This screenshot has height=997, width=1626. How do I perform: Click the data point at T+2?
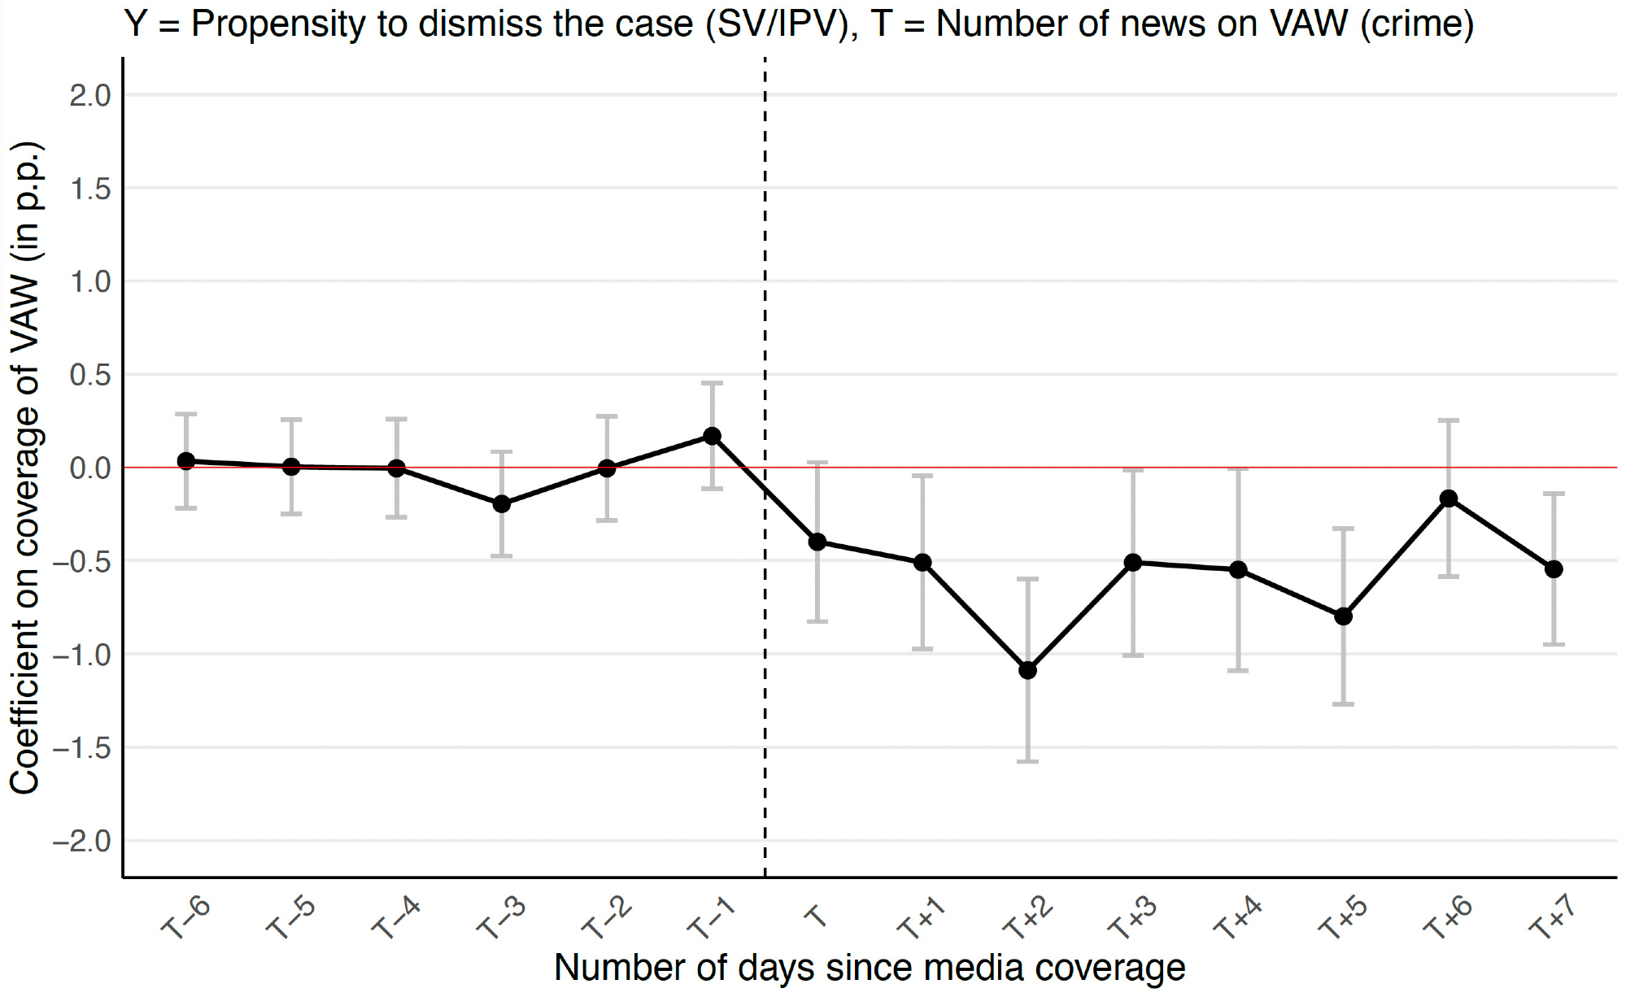coord(1027,670)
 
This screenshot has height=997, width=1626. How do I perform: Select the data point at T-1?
coord(712,437)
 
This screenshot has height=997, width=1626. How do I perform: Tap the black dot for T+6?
coord(1448,498)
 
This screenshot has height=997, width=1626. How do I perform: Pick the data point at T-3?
coord(502,504)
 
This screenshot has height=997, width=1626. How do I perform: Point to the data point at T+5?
coord(1343,616)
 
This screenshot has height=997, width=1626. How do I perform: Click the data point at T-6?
coord(186,461)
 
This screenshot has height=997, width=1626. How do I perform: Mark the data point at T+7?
coord(1554,569)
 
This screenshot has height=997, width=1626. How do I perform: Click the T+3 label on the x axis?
coord(1131,918)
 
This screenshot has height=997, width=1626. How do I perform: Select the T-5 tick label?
coord(290,918)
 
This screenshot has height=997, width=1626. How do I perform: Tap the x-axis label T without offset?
coord(816,916)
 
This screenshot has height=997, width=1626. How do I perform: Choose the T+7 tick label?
coord(1552,918)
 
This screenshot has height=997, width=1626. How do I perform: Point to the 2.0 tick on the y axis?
coord(89,96)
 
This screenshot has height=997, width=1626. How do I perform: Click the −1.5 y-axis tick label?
coord(81,748)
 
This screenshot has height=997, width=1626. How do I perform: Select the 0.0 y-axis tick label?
coord(89,468)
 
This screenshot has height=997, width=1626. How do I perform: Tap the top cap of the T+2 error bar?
coord(1027,579)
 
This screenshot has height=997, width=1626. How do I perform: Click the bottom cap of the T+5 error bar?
coord(1343,704)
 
